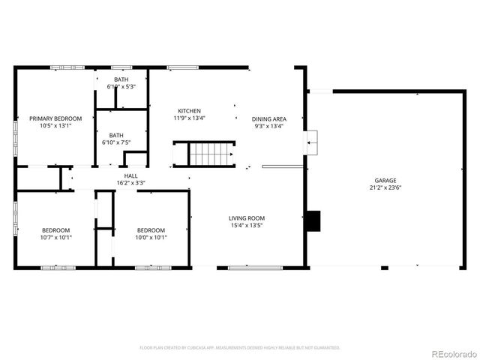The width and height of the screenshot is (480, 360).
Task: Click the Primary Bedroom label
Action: tap(55, 118)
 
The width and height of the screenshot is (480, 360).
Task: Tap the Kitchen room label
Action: tap(189, 110)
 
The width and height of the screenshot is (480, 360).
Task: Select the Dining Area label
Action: tap(268, 118)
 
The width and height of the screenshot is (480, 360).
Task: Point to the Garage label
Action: tap(386, 181)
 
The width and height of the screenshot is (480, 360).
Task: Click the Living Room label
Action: tap(247, 218)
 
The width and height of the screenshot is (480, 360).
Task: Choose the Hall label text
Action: tap(130, 175)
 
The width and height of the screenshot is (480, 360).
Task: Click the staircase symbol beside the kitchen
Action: tap(211, 154)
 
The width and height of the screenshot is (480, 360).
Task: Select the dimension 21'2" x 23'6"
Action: tap(386, 188)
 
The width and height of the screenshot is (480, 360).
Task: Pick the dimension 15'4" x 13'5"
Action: tap(247, 226)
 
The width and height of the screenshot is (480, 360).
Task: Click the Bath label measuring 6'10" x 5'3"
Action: tap(120, 79)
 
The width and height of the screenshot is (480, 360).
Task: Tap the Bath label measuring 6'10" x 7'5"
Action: tap(116, 135)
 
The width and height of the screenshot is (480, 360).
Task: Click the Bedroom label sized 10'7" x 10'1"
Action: tap(55, 230)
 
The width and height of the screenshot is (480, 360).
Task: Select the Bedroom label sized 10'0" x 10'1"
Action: tap(151, 230)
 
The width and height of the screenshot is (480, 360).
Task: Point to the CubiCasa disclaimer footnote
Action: tap(240, 348)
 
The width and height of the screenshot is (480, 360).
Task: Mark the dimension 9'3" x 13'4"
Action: tap(268, 126)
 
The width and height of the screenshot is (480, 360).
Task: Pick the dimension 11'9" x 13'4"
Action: tap(189, 118)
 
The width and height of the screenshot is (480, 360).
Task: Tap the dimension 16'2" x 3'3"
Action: tap(130, 183)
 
